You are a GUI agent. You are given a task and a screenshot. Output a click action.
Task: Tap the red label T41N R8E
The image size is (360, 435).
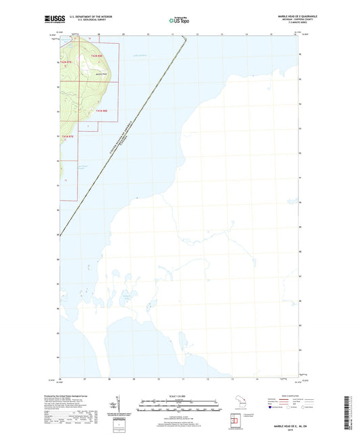(101, 110)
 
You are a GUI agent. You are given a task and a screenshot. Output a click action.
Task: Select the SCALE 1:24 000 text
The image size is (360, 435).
(179, 396)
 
